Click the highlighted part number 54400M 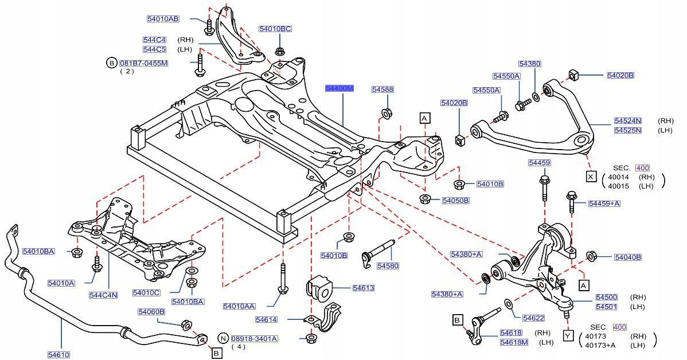[x=339, y=89]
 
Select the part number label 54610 [x=58, y=355]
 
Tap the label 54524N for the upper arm [x=627, y=121]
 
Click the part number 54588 [x=382, y=89]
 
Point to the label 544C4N [x=103, y=295]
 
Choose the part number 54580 [x=388, y=266]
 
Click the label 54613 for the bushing [x=363, y=288]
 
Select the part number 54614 [x=266, y=319]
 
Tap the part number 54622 [x=533, y=318]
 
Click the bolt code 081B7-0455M [x=143, y=62]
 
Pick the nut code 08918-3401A [x=255, y=338]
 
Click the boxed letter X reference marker [x=590, y=176]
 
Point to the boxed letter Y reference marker [x=567, y=336]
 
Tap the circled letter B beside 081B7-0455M [x=111, y=62]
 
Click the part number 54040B [x=627, y=257]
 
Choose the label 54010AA [x=239, y=306]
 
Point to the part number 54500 [x=606, y=297]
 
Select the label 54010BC [x=275, y=29]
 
